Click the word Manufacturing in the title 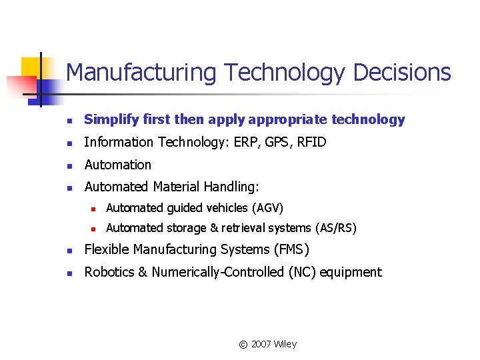tap(141, 73)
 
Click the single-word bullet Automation tap(118, 165)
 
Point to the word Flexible tap(105, 250)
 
